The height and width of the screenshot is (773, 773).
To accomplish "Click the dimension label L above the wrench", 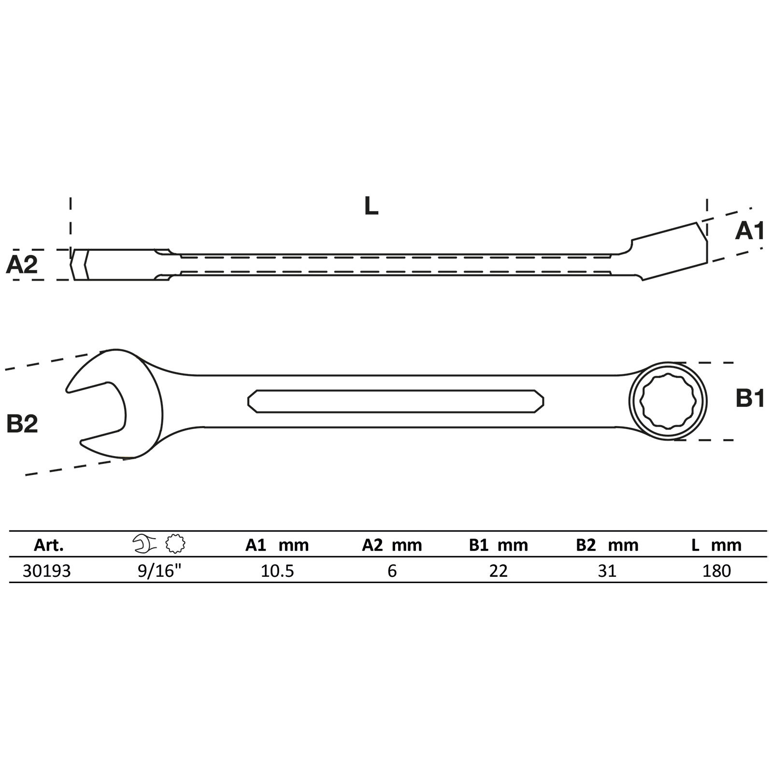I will pos(371,207).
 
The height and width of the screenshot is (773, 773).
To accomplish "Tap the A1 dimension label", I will pos(749,231).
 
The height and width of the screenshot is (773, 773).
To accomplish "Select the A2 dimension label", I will pos(22,265).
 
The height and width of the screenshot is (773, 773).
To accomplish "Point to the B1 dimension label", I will pos(750,399).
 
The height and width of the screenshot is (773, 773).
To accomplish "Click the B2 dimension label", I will pos(22,424).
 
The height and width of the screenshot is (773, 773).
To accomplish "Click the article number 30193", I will pos(47,571).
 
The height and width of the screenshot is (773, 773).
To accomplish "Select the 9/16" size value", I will pos(159,571).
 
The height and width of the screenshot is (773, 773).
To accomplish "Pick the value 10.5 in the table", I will pos(277,571).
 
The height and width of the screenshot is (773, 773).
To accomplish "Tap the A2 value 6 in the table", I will pos(392,571).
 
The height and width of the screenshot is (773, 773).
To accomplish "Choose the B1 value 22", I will pos(499,571).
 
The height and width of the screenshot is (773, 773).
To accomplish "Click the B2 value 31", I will pos(607,571).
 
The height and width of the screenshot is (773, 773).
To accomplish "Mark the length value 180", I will pos(716,571).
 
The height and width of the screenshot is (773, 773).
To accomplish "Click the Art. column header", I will pos(49,545).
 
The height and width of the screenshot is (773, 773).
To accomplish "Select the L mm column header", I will pos(716,545).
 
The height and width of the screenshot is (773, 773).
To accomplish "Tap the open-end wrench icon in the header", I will pos(144,544).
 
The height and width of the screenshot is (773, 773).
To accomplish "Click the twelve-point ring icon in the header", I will pos(175,544).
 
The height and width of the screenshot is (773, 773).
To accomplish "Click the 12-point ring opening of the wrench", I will pos(668,401).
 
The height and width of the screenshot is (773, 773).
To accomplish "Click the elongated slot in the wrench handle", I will pos(396,401).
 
